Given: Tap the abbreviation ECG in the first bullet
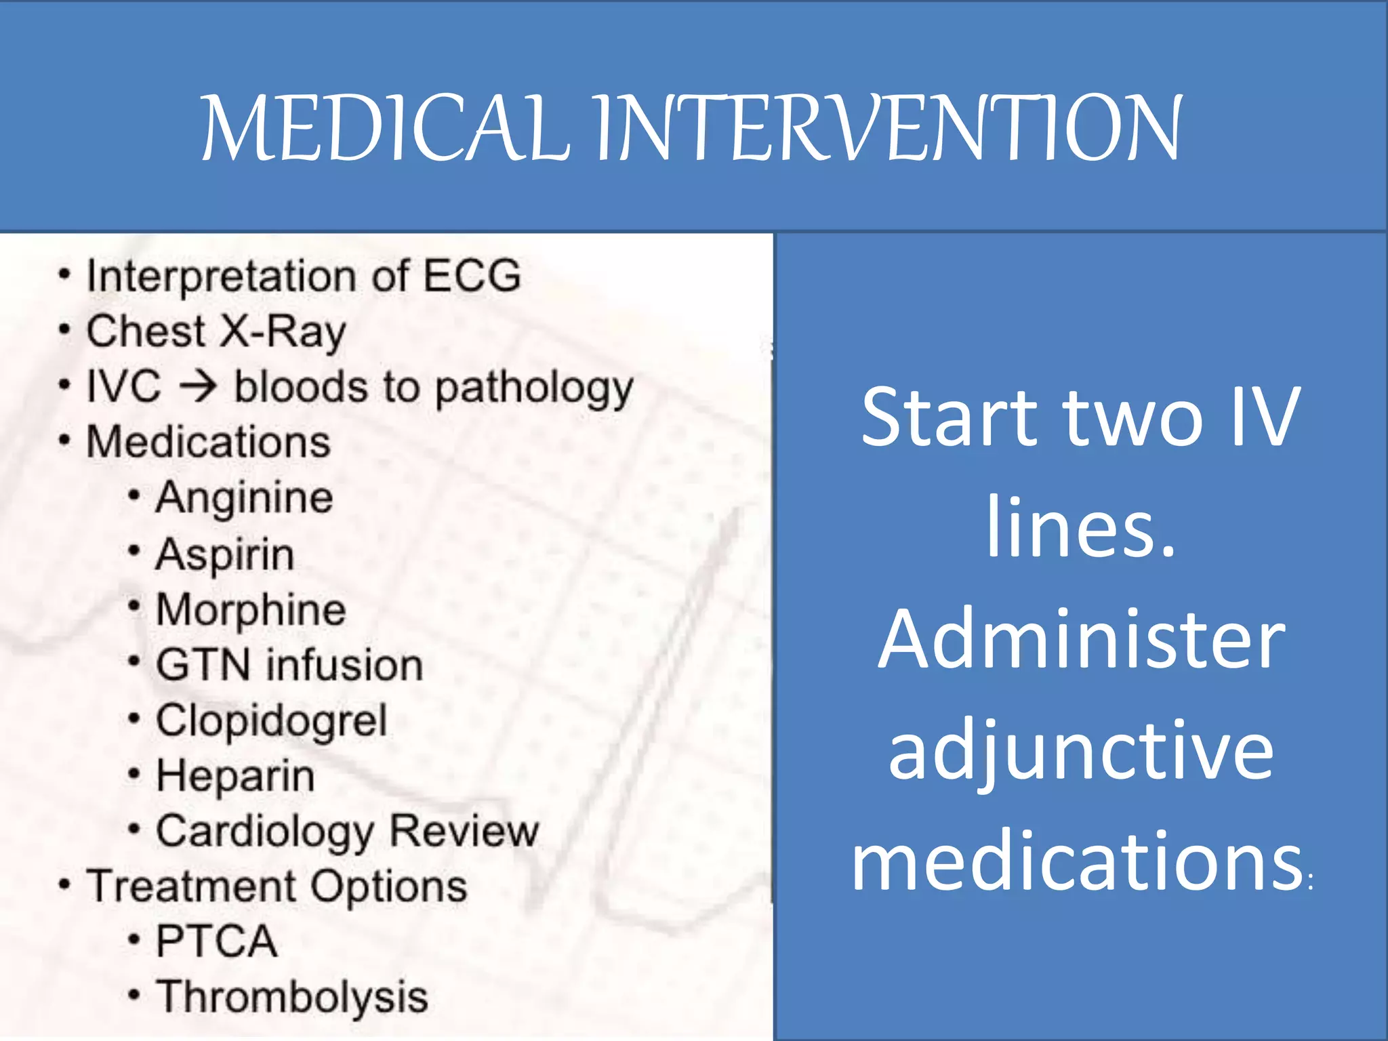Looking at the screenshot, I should [x=472, y=276].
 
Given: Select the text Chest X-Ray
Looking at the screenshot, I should [x=216, y=332].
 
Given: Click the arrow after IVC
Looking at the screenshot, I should [x=198, y=387].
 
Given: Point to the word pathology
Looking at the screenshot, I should [x=534, y=389].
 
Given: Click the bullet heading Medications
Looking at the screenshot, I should [x=208, y=442].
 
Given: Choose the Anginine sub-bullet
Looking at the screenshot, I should [x=244, y=499].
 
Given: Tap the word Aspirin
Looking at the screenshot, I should [x=225, y=554].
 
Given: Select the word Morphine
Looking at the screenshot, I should [x=251, y=610].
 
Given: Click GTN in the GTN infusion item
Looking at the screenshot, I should [x=203, y=665].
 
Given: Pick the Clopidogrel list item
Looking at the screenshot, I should [x=271, y=721].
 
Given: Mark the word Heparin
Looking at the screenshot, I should [x=235, y=776].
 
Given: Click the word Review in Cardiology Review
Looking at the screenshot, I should [x=464, y=831].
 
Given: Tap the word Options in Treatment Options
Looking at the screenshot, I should [x=389, y=886].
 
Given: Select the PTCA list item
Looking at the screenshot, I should [x=216, y=941].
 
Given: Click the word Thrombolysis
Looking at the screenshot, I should [x=292, y=997].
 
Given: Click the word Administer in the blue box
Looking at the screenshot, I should [x=1081, y=640].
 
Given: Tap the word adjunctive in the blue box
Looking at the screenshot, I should [x=1081, y=752].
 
